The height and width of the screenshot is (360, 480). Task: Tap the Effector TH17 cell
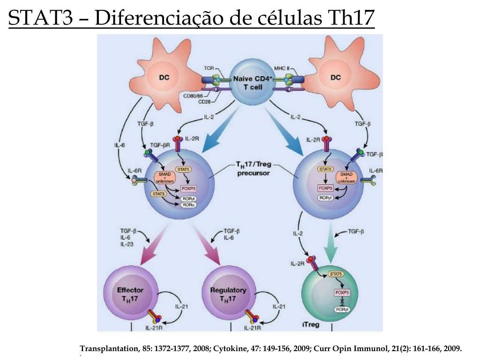coord(130,294)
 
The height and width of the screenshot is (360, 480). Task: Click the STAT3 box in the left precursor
coord(158,194)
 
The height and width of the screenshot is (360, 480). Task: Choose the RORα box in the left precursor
coord(189,204)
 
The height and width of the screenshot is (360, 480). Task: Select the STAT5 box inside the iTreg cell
coord(336,274)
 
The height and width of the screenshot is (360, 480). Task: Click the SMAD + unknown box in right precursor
coord(347,177)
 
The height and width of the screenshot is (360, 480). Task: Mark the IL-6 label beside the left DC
coord(120,145)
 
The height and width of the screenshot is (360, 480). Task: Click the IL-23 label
coord(127,244)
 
